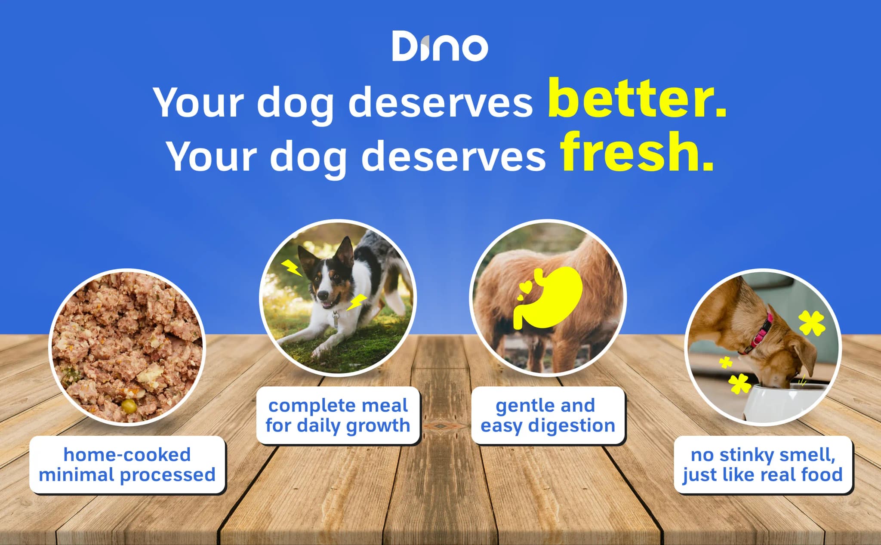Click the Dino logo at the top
(440, 46)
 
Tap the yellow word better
(637, 99)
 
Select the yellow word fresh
(637, 153)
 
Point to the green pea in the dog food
(128, 404)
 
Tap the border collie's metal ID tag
(335, 320)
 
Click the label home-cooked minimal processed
(127, 465)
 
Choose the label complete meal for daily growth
(338, 415)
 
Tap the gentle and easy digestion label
(548, 415)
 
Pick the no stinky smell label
(762, 465)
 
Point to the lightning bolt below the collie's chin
(356, 302)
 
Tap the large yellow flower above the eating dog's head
(811, 323)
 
